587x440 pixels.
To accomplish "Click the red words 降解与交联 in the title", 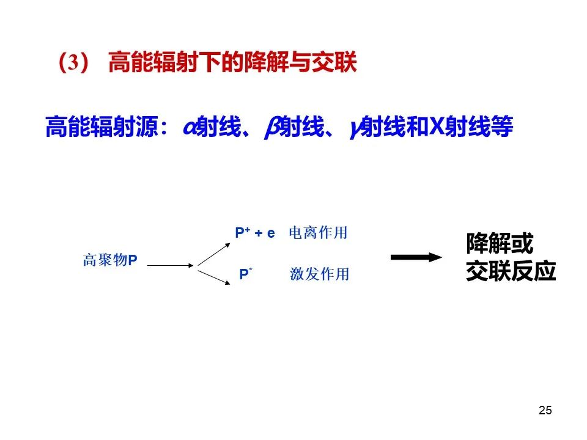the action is [300, 62].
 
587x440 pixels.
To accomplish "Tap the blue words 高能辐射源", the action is [102, 127].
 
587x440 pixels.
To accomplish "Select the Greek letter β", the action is [272, 127].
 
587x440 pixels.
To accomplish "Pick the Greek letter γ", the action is [355, 130].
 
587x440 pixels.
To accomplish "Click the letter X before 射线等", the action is [437, 127].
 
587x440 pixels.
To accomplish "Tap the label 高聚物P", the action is [110, 260].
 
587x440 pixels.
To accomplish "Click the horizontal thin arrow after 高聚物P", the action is [171, 266].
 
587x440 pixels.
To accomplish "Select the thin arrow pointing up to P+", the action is [214, 254].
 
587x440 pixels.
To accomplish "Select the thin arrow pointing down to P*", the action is [214, 277].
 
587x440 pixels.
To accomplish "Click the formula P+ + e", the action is [255, 233].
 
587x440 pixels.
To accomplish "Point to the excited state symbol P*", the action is [246, 274].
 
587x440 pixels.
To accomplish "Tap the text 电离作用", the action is [318, 233].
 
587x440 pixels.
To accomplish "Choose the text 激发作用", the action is [319, 274].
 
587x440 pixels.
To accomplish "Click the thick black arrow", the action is [416, 257].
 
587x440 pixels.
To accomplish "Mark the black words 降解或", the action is [500, 243].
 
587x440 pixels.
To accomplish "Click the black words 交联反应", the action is [511, 271].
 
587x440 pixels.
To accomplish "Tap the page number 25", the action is [545, 410].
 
